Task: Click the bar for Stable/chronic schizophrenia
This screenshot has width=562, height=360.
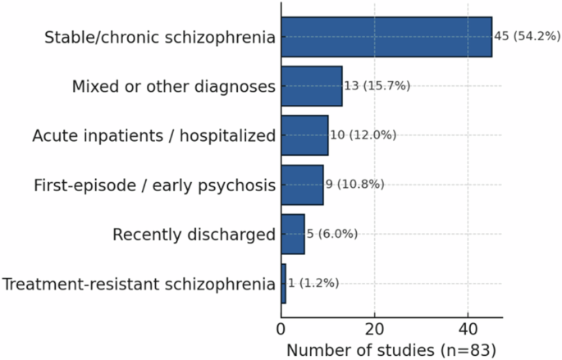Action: click(386, 37)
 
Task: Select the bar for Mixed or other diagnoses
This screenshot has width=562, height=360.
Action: click(312, 86)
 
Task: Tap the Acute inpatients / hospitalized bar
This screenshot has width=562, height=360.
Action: click(304, 135)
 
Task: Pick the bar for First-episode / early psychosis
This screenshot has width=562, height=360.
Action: click(302, 185)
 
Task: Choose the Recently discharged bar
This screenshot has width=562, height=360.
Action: click(293, 234)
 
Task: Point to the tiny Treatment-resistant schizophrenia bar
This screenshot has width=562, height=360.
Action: click(284, 284)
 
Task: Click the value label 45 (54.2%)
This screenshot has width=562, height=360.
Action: click(528, 37)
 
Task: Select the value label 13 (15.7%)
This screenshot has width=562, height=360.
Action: click(377, 86)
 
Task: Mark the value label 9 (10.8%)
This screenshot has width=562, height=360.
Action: click(355, 185)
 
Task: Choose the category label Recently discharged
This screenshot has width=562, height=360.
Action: click(194, 235)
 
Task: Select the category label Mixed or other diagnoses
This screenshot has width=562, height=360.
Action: click(173, 87)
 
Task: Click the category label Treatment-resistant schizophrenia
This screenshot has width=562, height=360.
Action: click(139, 285)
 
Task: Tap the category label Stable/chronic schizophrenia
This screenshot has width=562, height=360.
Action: click(160, 38)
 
